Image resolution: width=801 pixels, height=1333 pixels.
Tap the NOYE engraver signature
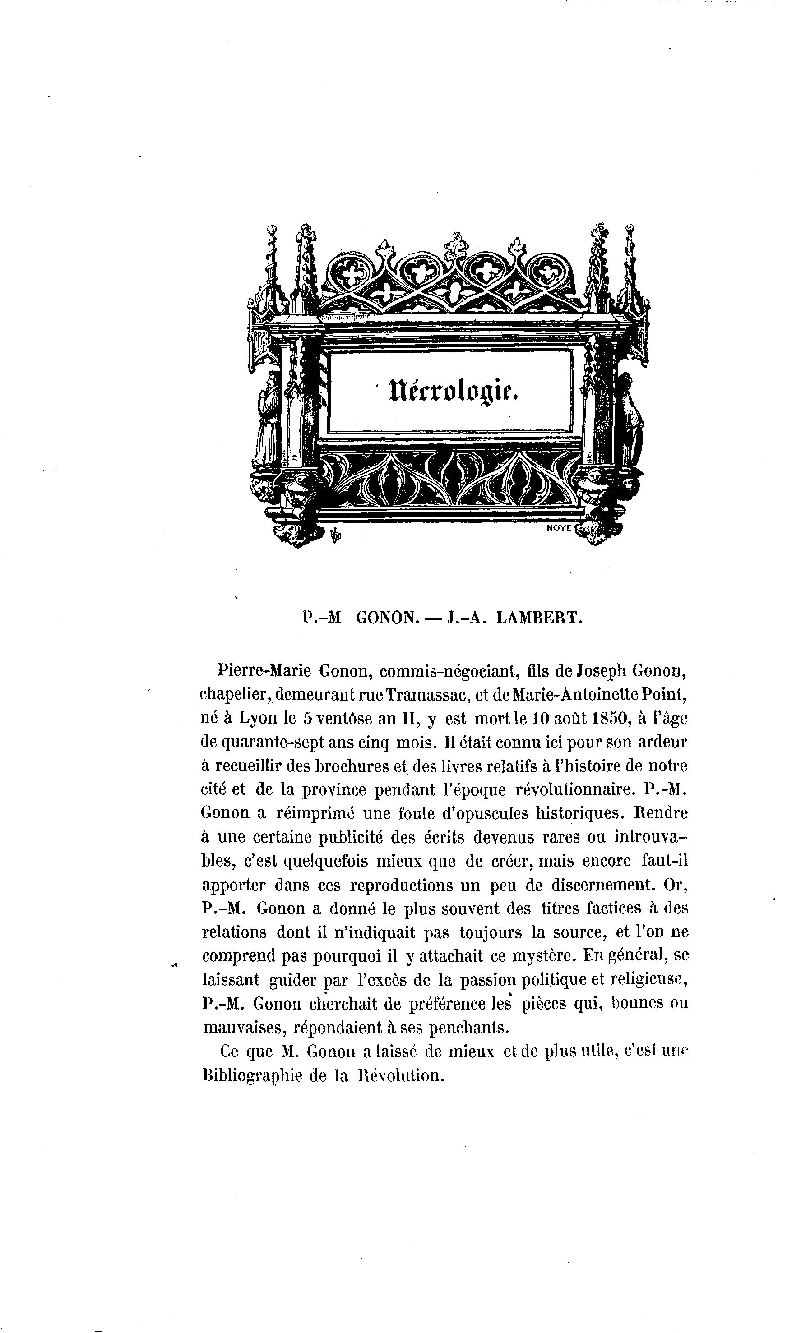point(559,529)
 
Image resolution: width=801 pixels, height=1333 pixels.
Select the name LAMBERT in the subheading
point(539,618)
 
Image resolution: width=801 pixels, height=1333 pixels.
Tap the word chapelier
point(235,695)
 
